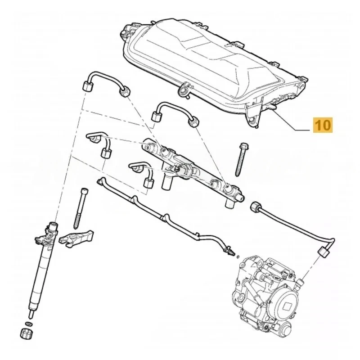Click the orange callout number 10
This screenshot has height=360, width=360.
(323, 124)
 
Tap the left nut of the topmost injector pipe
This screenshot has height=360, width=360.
(87, 86)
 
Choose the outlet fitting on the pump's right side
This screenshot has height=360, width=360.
(298, 282)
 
